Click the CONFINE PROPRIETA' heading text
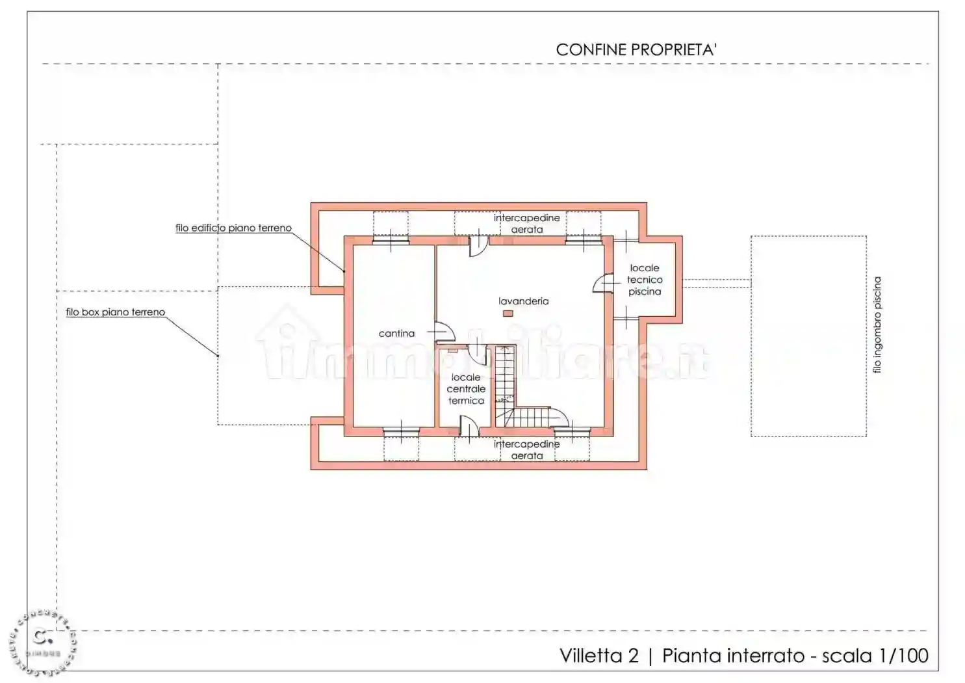636,50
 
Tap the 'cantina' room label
396,334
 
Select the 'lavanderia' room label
523,301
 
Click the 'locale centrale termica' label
466,389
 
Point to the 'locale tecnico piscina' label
644,280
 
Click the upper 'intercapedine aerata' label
526,223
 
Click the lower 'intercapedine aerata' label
526,449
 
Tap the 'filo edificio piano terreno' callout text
233,228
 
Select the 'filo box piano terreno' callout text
116,312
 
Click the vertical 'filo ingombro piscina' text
877,325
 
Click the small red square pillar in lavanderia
508,314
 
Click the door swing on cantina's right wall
444,332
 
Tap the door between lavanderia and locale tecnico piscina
603,284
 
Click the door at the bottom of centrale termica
469,426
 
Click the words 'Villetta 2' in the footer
599,655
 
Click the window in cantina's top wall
391,241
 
